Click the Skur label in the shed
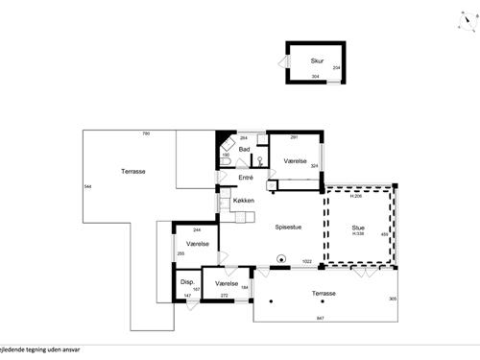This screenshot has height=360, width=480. click(317, 61)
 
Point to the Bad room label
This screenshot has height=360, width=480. click(245, 151)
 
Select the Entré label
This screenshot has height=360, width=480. click(245, 178)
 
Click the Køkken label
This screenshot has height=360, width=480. click(244, 201)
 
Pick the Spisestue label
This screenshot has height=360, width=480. click(290, 228)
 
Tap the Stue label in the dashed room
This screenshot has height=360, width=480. click(357, 228)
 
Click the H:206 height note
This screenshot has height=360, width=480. click(355, 196)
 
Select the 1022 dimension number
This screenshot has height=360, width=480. click(308, 261)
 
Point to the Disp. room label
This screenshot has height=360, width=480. click(188, 281)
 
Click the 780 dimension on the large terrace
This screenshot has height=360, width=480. click(146, 133)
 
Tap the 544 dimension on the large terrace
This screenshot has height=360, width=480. click(87, 185)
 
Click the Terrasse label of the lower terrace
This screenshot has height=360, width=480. click(324, 293)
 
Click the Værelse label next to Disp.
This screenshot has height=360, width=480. click(228, 284)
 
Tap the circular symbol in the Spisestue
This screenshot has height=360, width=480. click(281, 257)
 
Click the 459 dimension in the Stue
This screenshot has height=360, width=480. click(384, 234)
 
